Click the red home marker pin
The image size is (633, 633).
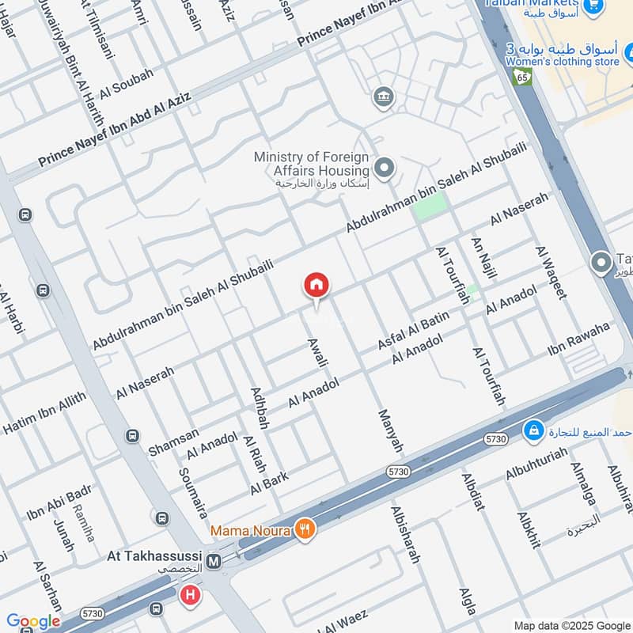click(316, 286)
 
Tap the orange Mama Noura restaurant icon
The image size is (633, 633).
click(304, 529)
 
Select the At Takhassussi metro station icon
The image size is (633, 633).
click(213, 563)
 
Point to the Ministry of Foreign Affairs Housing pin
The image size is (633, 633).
click(385, 168)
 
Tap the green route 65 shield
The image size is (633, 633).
click(521, 77)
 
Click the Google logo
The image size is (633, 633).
click(33, 622)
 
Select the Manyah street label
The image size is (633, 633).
click(391, 431)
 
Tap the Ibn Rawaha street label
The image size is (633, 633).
click(578, 339)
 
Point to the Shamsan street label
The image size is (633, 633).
click(174, 438)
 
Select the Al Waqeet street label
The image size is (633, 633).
click(552, 272)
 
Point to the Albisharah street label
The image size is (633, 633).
click(404, 534)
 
